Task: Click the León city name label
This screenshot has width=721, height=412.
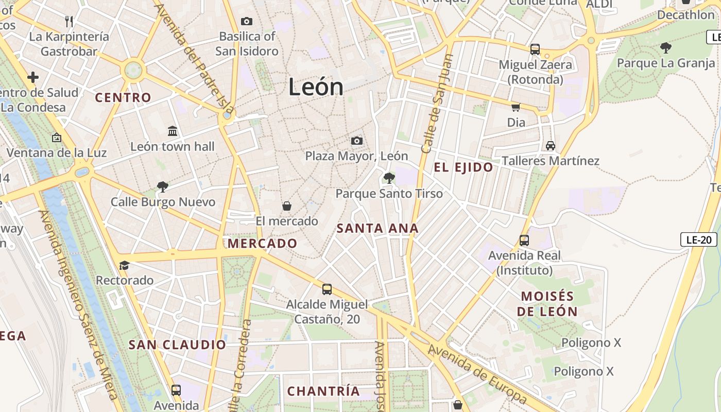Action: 316,87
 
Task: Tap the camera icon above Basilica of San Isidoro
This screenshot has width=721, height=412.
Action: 247,21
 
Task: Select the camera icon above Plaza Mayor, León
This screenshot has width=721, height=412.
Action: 356,141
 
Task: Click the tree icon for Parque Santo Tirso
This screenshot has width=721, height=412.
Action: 389,178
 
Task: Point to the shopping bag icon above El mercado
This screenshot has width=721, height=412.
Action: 287,206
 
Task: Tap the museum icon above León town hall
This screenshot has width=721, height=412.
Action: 173,131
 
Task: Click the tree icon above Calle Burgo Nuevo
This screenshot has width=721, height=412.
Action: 163,186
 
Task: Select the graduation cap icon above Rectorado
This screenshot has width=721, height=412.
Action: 124,265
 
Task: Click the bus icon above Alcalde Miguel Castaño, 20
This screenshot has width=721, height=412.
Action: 327,289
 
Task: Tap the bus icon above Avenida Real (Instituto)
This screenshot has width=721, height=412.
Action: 524,240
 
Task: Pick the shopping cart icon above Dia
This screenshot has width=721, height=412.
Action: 516,107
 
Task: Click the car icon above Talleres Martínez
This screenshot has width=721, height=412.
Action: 551,145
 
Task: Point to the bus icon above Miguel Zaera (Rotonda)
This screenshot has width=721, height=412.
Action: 535,49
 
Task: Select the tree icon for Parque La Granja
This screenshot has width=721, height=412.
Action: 665,48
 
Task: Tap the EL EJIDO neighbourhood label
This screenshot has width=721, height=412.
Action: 463,167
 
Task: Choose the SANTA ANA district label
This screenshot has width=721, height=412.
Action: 377,228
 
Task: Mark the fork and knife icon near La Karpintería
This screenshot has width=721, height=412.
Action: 69,21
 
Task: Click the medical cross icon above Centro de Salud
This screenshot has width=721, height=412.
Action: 33,77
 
